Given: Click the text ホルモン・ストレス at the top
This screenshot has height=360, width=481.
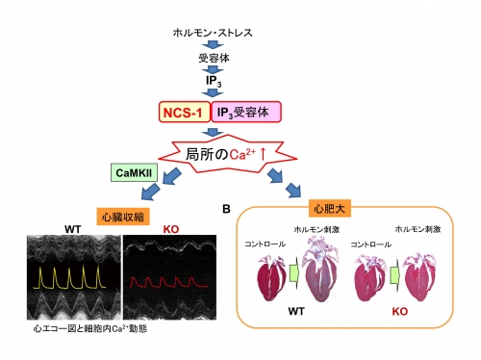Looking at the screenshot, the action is click(x=213, y=33).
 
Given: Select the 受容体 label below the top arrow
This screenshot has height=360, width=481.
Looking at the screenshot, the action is click(x=214, y=58).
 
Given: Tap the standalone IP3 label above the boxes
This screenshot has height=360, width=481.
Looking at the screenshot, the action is click(x=214, y=81).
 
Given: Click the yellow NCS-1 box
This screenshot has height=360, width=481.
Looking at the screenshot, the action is click(x=185, y=112).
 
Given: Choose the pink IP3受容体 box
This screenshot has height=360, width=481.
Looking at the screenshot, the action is click(x=246, y=112).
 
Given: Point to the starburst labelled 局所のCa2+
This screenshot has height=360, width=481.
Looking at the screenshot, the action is click(x=226, y=154).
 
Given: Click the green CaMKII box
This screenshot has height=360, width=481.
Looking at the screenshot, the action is click(x=134, y=172).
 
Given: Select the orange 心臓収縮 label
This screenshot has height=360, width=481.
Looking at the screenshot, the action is click(x=123, y=218).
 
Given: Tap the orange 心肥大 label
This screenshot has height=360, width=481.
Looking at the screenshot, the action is click(x=329, y=209).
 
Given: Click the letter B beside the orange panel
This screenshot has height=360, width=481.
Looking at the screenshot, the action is click(x=226, y=209).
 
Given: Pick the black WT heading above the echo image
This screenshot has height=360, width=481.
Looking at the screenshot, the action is click(x=73, y=229).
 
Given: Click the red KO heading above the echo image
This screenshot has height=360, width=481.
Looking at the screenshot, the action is click(x=171, y=229).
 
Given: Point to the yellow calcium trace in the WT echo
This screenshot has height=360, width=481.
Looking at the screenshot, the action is click(x=69, y=277).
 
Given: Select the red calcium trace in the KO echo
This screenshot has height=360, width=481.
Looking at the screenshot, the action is click(x=169, y=282).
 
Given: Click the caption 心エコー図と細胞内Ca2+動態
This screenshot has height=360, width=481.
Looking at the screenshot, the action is click(x=90, y=329).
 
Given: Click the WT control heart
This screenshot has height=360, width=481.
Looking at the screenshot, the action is click(x=271, y=278).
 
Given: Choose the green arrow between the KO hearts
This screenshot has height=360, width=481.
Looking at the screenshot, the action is click(x=395, y=276).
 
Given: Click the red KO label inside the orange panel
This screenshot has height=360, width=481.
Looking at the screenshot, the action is click(x=399, y=311).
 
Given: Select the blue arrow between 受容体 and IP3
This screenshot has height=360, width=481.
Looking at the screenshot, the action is click(x=213, y=69).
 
